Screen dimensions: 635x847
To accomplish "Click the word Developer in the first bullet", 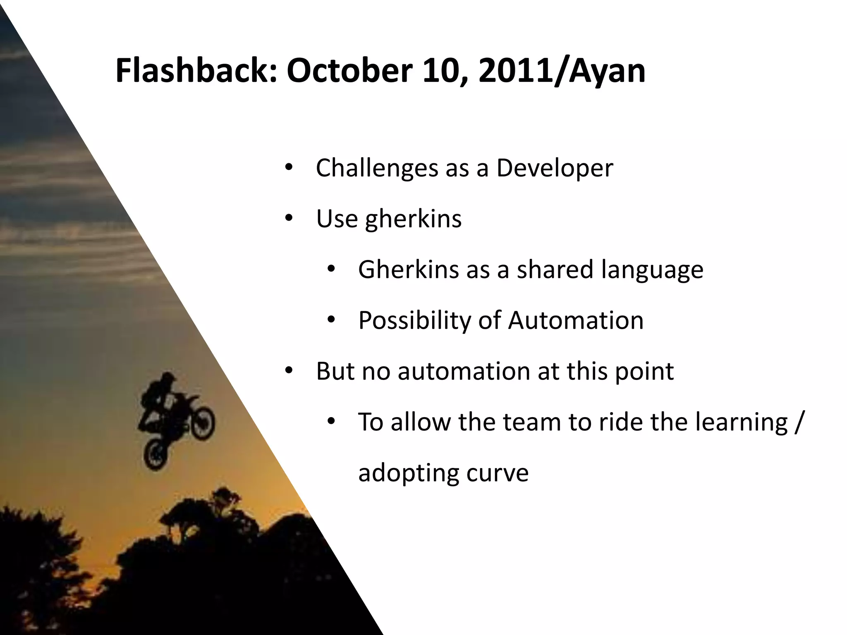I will pyautogui.click(x=555, y=169).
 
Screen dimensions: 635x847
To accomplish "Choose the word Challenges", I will pyautogui.click(x=377, y=169).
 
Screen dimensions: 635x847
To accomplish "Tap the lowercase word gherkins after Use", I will pyautogui.click(x=413, y=219).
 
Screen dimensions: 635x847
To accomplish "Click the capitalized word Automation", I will pyautogui.click(x=576, y=320).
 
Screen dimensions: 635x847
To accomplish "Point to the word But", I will pyautogui.click(x=335, y=371).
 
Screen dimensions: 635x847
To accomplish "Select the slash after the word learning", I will pyautogui.click(x=799, y=423).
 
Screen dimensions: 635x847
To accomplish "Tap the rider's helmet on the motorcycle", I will pyautogui.click(x=168, y=378).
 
